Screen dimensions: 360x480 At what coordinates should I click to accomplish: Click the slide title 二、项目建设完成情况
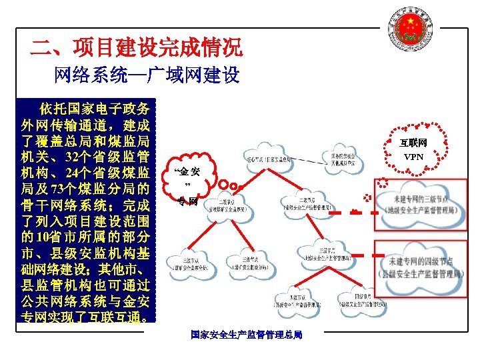(137, 47)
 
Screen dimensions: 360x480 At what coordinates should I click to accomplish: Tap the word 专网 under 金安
(188, 201)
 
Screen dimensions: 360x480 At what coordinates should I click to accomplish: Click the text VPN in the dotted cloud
(413, 157)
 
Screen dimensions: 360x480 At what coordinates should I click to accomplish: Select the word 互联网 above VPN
(413, 143)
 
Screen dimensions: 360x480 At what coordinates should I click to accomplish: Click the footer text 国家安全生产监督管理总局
(246, 334)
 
